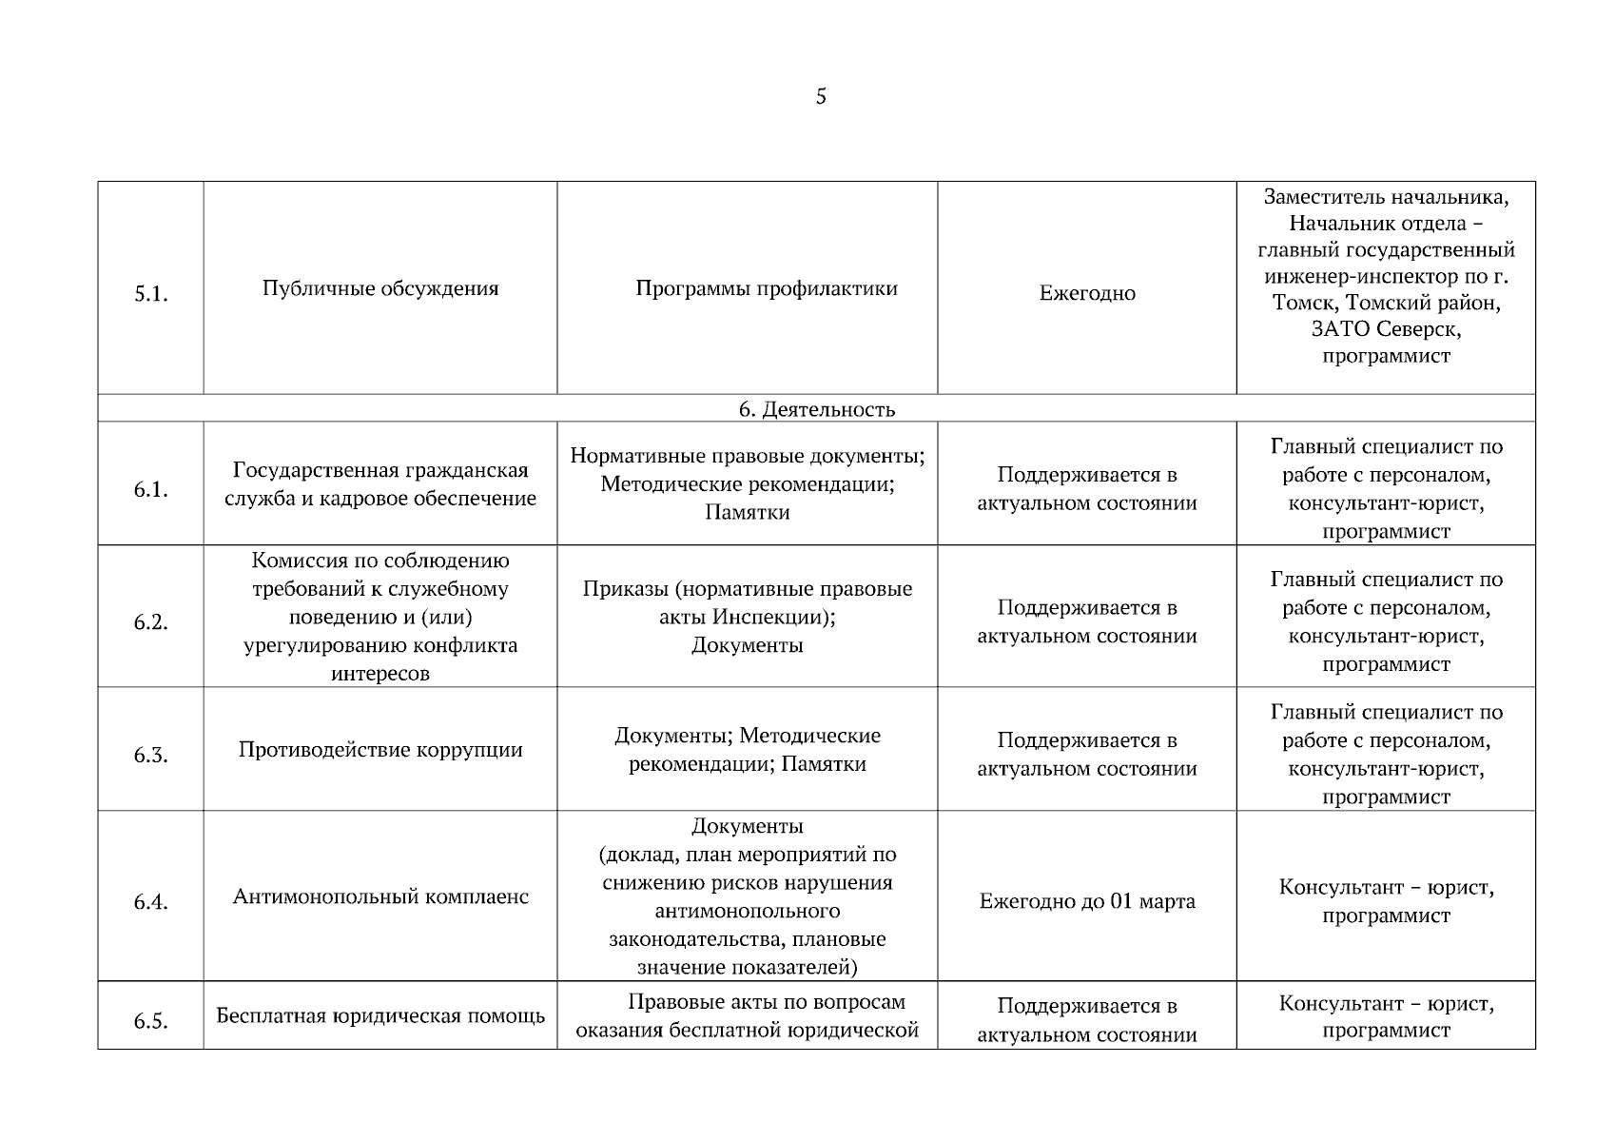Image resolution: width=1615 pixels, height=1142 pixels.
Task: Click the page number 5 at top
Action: (821, 96)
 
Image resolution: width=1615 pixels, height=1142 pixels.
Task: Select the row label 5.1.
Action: (150, 294)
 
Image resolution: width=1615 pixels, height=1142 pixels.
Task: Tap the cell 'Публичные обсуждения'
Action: (380, 288)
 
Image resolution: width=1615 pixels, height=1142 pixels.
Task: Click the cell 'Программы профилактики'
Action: (766, 288)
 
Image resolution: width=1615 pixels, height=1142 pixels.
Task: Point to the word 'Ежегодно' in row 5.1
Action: (1087, 293)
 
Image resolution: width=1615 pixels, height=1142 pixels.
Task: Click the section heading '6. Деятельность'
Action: (816, 409)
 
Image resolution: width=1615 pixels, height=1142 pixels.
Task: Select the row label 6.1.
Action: (150, 490)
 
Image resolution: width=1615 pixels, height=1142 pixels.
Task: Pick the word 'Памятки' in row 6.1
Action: (747, 512)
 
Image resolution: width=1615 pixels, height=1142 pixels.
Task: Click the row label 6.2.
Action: (150, 622)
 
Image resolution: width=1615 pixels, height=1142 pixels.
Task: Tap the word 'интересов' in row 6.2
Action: (380, 674)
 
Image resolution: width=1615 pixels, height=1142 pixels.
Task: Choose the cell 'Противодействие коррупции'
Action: (380, 750)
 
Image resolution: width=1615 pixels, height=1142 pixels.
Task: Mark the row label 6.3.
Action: (150, 756)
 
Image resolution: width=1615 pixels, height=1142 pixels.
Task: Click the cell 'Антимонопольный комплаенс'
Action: (380, 896)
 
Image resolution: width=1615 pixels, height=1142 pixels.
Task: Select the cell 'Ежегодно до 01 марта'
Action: (1087, 901)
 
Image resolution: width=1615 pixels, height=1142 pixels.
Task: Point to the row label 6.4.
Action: (150, 902)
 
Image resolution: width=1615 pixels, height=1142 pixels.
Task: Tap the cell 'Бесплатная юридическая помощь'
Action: (380, 1015)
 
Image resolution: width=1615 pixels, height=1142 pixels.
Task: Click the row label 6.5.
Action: (150, 1021)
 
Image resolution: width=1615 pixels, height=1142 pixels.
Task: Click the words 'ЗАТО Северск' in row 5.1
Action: (1385, 329)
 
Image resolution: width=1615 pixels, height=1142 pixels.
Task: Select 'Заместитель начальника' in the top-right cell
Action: (1385, 197)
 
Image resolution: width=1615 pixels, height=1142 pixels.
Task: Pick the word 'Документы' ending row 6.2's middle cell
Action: (747, 645)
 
